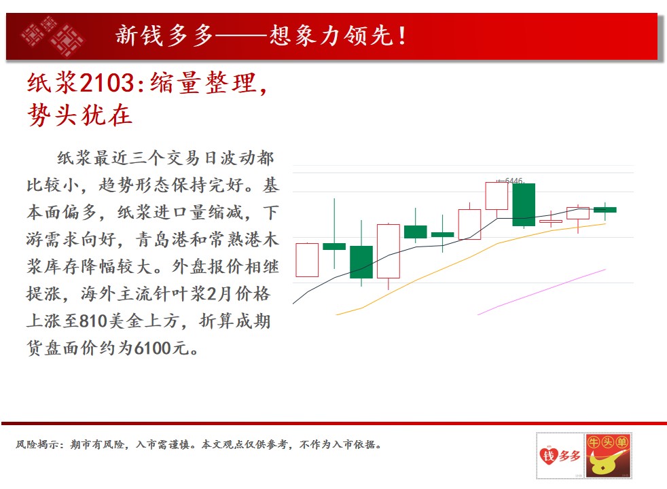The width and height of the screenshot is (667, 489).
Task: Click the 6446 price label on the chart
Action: [513, 181]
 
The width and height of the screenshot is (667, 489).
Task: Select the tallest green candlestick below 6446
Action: [524, 204]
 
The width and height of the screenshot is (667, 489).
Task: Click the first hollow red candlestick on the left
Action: [307, 260]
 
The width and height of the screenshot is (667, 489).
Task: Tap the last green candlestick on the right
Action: [605, 210]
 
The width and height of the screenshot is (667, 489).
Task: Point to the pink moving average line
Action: [541, 291]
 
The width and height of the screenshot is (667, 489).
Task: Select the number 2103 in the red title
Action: [107, 82]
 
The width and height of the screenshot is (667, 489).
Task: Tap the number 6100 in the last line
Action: [153, 348]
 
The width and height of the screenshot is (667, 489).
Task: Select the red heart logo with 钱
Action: [549, 456]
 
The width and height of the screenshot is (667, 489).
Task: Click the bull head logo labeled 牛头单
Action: [608, 456]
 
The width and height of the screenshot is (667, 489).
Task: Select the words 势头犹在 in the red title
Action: [80, 115]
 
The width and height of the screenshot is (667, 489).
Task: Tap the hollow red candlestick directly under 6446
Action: [497, 196]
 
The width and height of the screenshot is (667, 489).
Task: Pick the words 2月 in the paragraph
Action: [219, 294]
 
